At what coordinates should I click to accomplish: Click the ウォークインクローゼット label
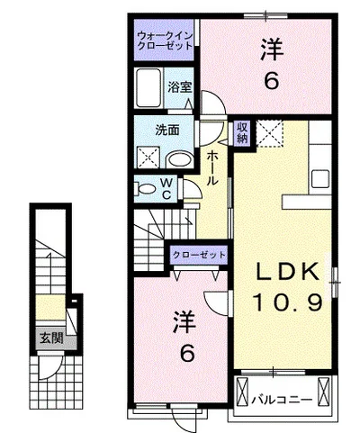pyautogui.click(x=165, y=41)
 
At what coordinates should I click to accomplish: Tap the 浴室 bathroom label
pyautogui.click(x=179, y=87)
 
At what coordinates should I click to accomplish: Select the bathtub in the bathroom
pyautogui.click(x=148, y=88)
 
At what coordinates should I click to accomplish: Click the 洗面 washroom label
pyautogui.click(x=167, y=131)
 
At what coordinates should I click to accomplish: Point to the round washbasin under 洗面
pyautogui.click(x=180, y=160)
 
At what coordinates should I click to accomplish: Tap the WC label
pyautogui.click(x=166, y=189)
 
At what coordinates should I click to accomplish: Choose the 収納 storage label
pyautogui.click(x=242, y=132)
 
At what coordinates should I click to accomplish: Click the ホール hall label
pyautogui.click(x=211, y=168)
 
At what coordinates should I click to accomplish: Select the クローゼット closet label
pyautogui.click(x=199, y=255)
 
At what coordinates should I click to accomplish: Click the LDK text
pyautogui.click(x=286, y=272)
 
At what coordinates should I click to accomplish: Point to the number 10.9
pyautogui.click(x=287, y=302)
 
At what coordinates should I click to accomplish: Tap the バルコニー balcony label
pyautogui.click(x=282, y=400)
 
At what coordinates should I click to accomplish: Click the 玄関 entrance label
pyautogui.click(x=51, y=338)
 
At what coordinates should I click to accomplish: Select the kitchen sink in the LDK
pyautogui.click(x=319, y=179)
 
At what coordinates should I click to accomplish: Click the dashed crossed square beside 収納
pyautogui.click(x=270, y=133)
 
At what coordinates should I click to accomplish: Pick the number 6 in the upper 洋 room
pyautogui.click(x=271, y=81)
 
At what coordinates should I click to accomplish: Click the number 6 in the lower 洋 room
pyautogui.click(x=187, y=353)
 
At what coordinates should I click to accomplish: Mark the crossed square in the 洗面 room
pyautogui.click(x=148, y=157)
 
